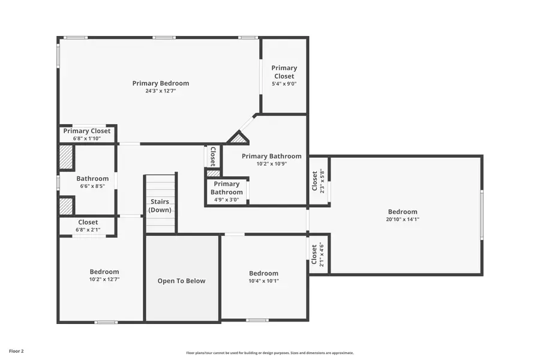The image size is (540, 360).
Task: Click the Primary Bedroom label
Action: click(x=160, y=83)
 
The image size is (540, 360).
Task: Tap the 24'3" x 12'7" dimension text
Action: click(x=160, y=91)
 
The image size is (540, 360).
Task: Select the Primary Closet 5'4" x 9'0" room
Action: click(x=284, y=76)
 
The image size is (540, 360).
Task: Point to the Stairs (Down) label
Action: click(x=160, y=206)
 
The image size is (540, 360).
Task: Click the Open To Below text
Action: click(x=181, y=281)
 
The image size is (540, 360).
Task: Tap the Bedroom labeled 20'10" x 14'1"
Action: click(x=402, y=215)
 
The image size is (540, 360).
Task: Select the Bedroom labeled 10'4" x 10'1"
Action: click(x=264, y=277)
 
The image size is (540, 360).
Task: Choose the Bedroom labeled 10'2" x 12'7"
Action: click(x=104, y=275)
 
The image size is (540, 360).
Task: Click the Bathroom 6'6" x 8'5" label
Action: click(x=92, y=182)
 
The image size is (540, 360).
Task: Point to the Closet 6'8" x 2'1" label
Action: click(x=88, y=226)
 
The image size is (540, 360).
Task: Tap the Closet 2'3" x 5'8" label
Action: click(x=318, y=181)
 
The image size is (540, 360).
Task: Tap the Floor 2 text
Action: click(x=16, y=350)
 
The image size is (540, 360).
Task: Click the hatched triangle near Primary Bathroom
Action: click(x=238, y=139)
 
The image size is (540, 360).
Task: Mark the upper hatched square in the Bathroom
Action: click(x=65, y=157)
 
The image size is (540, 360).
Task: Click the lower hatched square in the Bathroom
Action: click(x=65, y=206)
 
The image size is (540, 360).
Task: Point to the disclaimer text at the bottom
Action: click(x=269, y=353)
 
